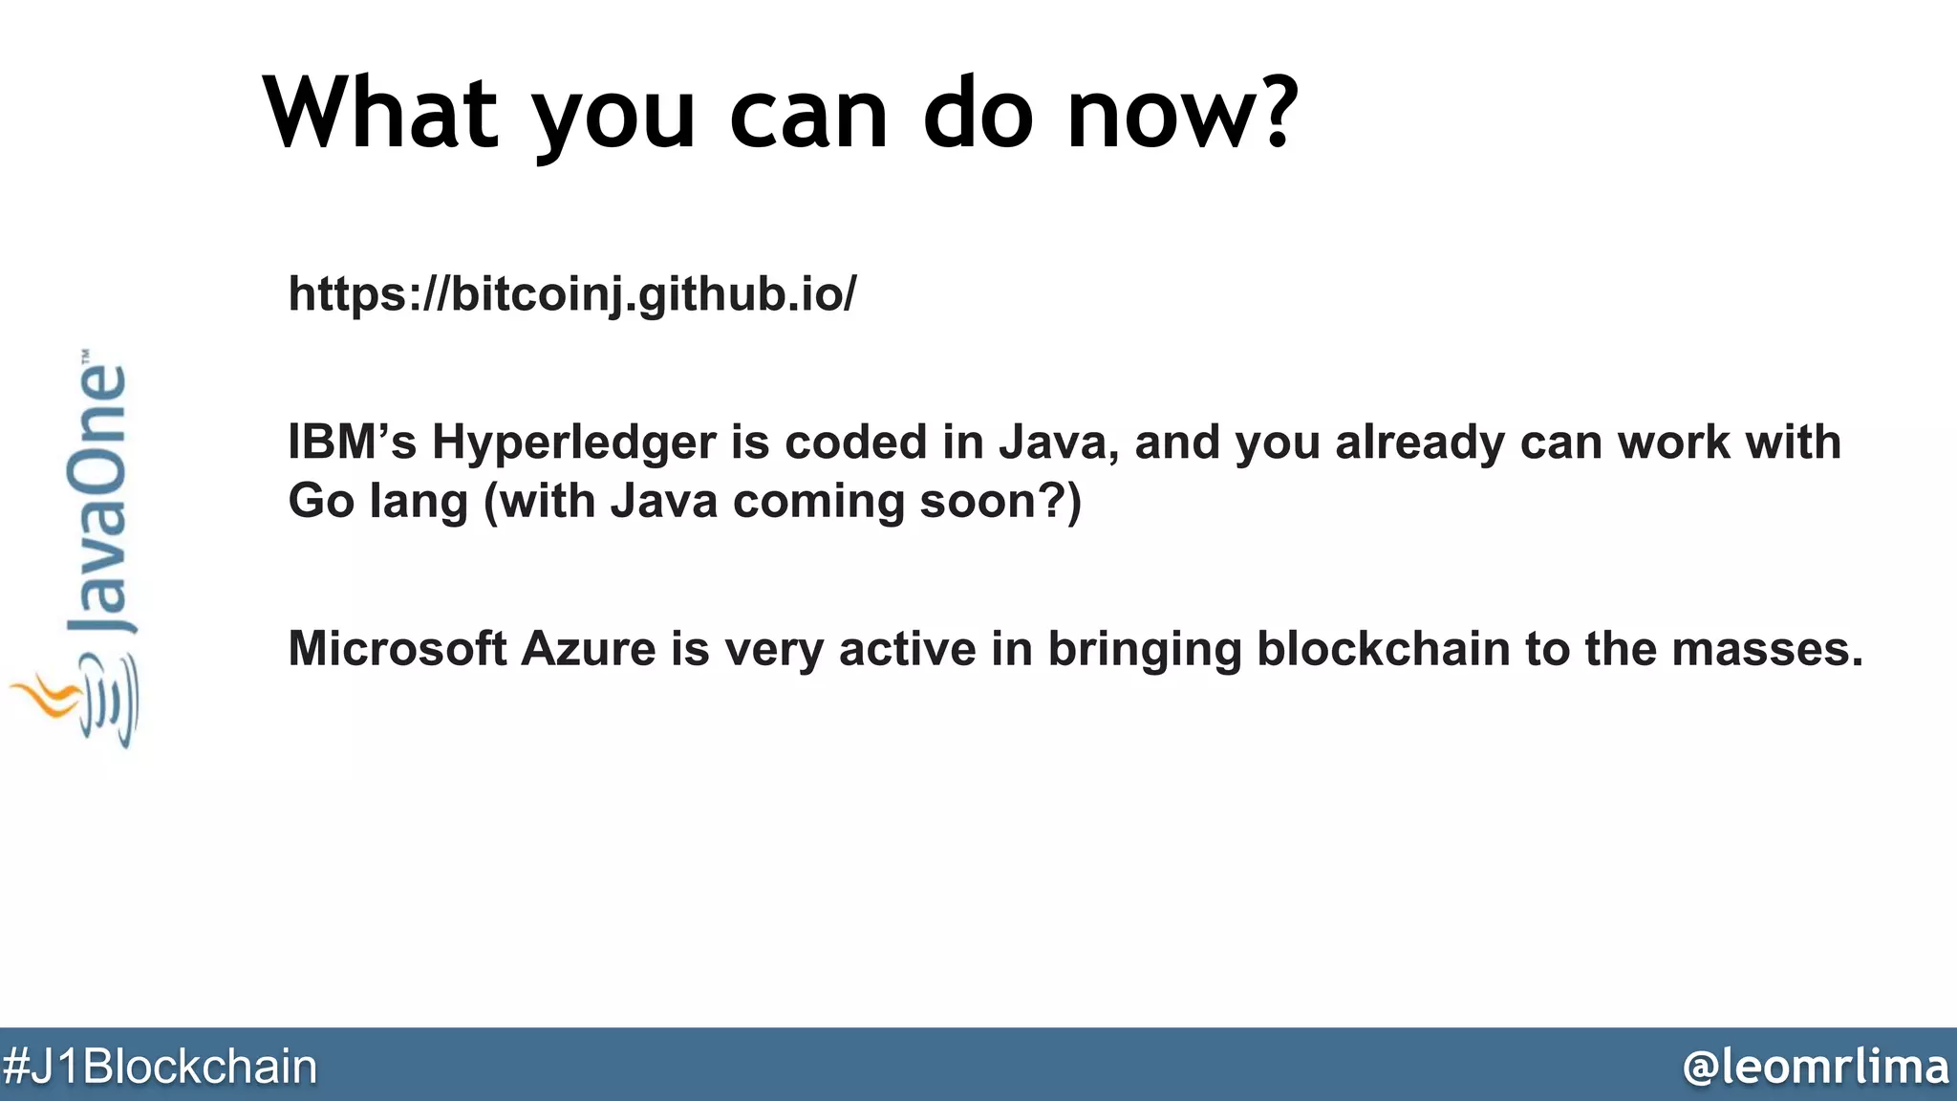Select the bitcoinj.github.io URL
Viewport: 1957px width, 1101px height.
point(572,293)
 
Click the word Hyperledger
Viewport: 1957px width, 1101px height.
point(573,443)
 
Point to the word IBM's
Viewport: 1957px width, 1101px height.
point(353,442)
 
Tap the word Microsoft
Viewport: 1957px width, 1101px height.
point(397,649)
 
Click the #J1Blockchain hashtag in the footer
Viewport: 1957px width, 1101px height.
point(160,1067)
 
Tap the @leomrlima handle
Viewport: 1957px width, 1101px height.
point(1815,1067)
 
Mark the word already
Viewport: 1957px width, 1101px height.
point(1419,443)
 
